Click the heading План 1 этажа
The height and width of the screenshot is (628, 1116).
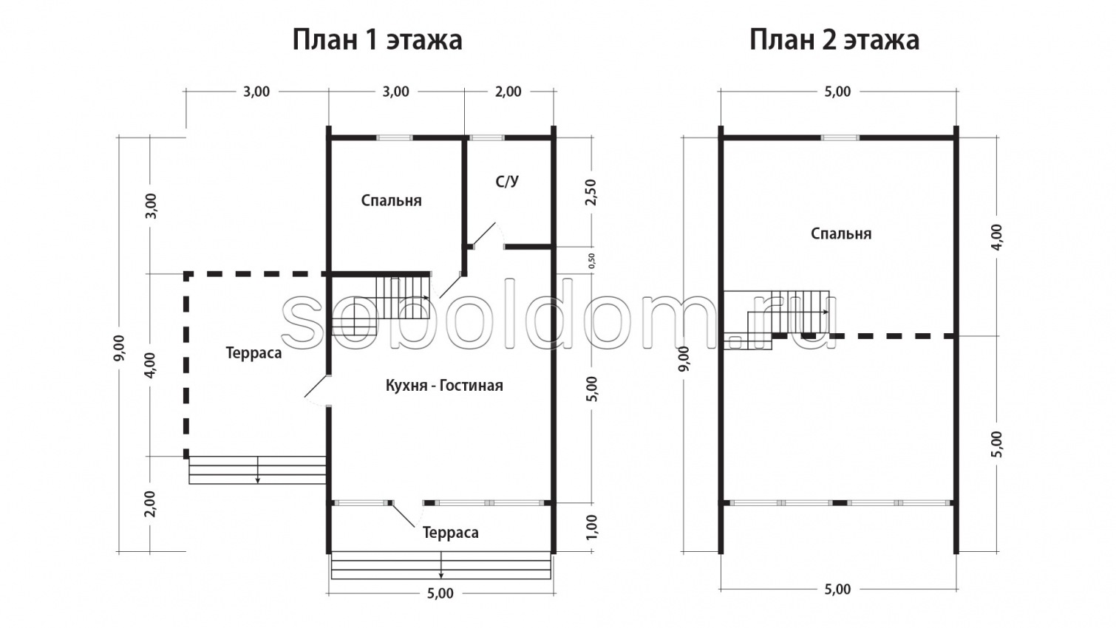[x=377, y=39]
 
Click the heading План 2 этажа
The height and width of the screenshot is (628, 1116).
[x=834, y=39]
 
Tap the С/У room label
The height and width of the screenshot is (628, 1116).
[x=507, y=182]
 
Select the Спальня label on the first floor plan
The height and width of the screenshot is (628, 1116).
[x=391, y=200]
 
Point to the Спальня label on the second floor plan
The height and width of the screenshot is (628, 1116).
[x=841, y=233]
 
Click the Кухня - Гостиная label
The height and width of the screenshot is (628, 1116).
[x=444, y=385]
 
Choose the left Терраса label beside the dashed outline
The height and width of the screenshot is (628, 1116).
[x=254, y=353]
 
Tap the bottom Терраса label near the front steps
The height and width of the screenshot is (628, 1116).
[x=450, y=533]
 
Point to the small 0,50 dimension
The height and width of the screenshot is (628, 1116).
[x=591, y=260]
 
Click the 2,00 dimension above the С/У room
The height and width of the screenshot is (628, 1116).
[x=508, y=92]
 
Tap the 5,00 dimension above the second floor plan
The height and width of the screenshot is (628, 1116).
[x=837, y=92]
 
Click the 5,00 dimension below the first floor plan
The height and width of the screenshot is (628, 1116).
[x=440, y=593]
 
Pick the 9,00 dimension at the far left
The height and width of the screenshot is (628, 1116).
[x=120, y=347]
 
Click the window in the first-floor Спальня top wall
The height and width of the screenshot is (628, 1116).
[x=394, y=137]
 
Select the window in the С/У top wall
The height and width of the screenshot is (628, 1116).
[x=487, y=137]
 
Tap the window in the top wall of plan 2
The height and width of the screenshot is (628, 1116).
[x=840, y=137]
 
